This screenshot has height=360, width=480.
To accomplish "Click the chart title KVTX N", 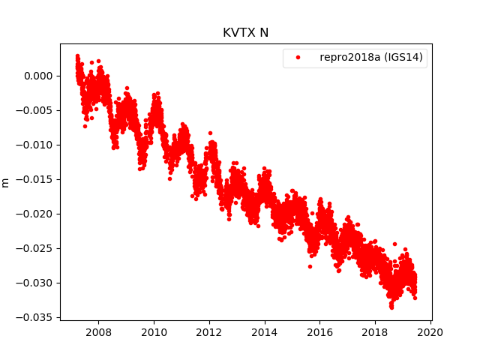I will (x=245, y=33).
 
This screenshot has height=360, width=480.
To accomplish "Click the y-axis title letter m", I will (x=6, y=182).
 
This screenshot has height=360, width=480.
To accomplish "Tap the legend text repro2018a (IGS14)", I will (x=370, y=58).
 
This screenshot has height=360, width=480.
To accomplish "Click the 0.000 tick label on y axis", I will (x=39, y=76).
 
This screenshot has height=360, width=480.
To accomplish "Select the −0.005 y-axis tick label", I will (x=36, y=110).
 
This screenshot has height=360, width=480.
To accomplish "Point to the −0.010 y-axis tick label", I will (x=36, y=145).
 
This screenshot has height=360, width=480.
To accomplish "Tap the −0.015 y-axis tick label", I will (x=36, y=179).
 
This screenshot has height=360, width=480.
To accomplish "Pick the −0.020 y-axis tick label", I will (x=36, y=214).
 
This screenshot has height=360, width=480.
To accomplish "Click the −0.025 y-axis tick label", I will (x=36, y=248).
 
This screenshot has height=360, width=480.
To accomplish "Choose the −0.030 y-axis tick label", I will (x=36, y=283).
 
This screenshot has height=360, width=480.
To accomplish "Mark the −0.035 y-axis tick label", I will (x=36, y=317).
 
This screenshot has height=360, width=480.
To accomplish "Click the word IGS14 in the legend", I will (x=403, y=58).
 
